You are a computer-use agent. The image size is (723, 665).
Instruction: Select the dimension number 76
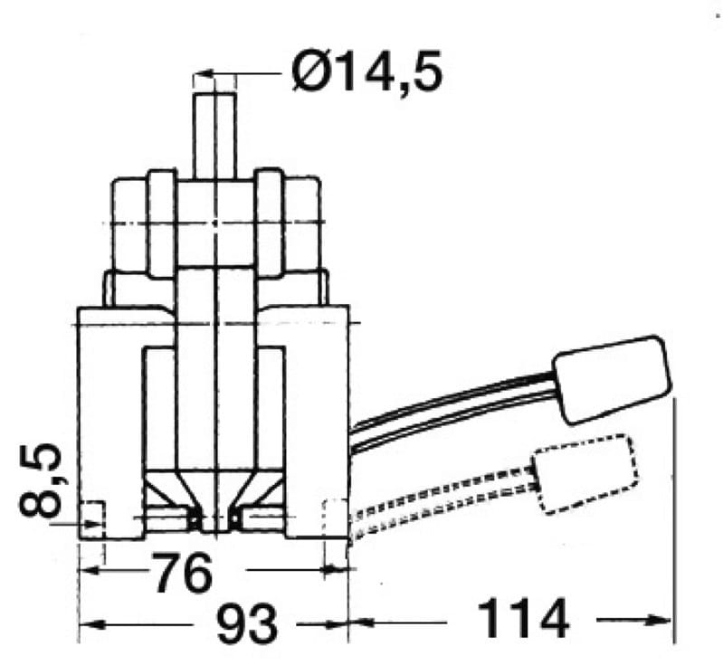(183, 573)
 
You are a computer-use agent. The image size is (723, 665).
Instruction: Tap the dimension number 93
(247, 624)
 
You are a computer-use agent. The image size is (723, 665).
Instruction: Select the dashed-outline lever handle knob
(585, 473)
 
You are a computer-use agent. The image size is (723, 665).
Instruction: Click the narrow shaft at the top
(214, 136)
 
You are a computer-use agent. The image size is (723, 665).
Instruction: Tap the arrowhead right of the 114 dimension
(658, 620)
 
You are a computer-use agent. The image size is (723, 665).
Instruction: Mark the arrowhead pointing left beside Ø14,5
(205, 73)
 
